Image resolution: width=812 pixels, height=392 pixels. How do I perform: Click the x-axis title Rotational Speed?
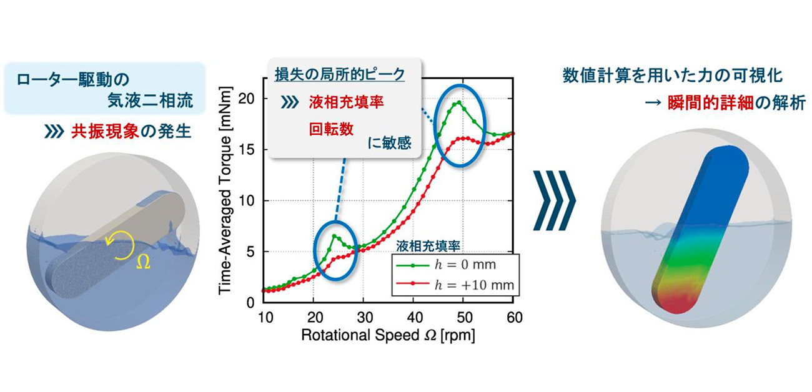click(388, 335)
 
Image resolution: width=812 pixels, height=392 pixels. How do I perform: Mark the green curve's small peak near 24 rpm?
click(334, 236)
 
